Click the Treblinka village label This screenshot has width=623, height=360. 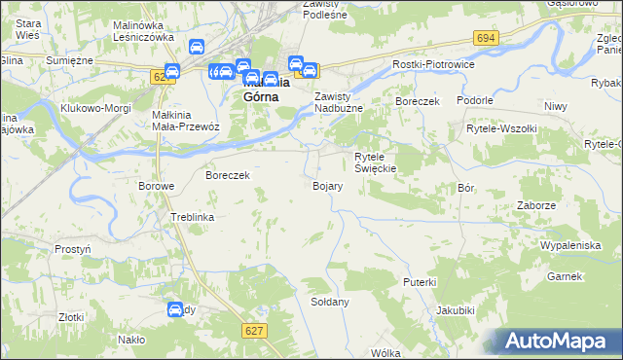192,217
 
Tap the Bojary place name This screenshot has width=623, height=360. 326,186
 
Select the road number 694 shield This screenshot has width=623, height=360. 487,37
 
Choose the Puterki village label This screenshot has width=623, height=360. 420,281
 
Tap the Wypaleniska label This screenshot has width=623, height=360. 570,245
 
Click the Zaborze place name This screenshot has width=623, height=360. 536,206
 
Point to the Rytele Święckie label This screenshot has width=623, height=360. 374,162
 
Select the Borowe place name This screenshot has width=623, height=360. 156,186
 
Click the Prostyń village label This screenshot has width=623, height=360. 73,249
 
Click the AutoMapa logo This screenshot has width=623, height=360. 560,342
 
